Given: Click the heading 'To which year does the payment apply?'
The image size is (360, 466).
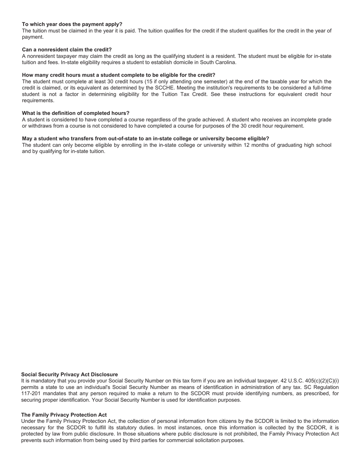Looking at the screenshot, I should pyautogui.click(x=72, y=24).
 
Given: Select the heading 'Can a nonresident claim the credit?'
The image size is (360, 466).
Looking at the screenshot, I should pyautogui.click(x=67, y=50).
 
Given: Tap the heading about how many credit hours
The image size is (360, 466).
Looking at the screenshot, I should pyautogui.click(x=118, y=75).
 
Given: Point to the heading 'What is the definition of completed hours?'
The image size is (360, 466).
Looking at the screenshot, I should pyautogui.click(x=75, y=113).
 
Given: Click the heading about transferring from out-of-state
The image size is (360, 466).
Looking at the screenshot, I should pyautogui.click(x=145, y=139).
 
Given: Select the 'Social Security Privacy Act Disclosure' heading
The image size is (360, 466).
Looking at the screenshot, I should pyautogui.click(x=69, y=375).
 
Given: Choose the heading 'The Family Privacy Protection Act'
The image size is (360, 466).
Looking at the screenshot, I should pyautogui.click(x=64, y=415).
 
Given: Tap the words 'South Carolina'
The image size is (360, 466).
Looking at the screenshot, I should pyautogui.click(x=218, y=63).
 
